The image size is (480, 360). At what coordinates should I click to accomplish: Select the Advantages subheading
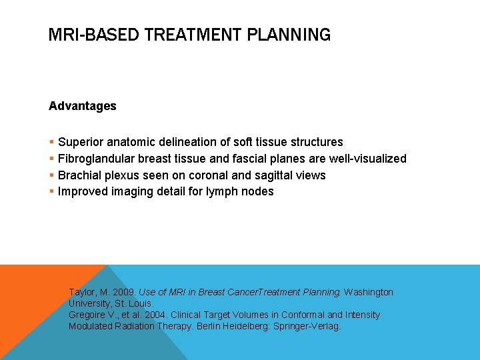point(83,106)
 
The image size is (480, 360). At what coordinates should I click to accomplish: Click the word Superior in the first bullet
point(80,142)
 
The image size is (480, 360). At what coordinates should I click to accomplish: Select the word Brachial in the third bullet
point(78,175)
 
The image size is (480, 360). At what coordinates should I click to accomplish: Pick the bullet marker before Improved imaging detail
point(51,192)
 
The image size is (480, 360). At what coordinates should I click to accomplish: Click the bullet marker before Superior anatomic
point(51,142)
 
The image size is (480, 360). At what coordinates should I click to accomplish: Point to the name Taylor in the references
point(83,293)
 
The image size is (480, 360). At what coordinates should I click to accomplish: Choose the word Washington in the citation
point(369,293)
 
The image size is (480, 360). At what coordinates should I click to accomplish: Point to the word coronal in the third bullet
point(194,175)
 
